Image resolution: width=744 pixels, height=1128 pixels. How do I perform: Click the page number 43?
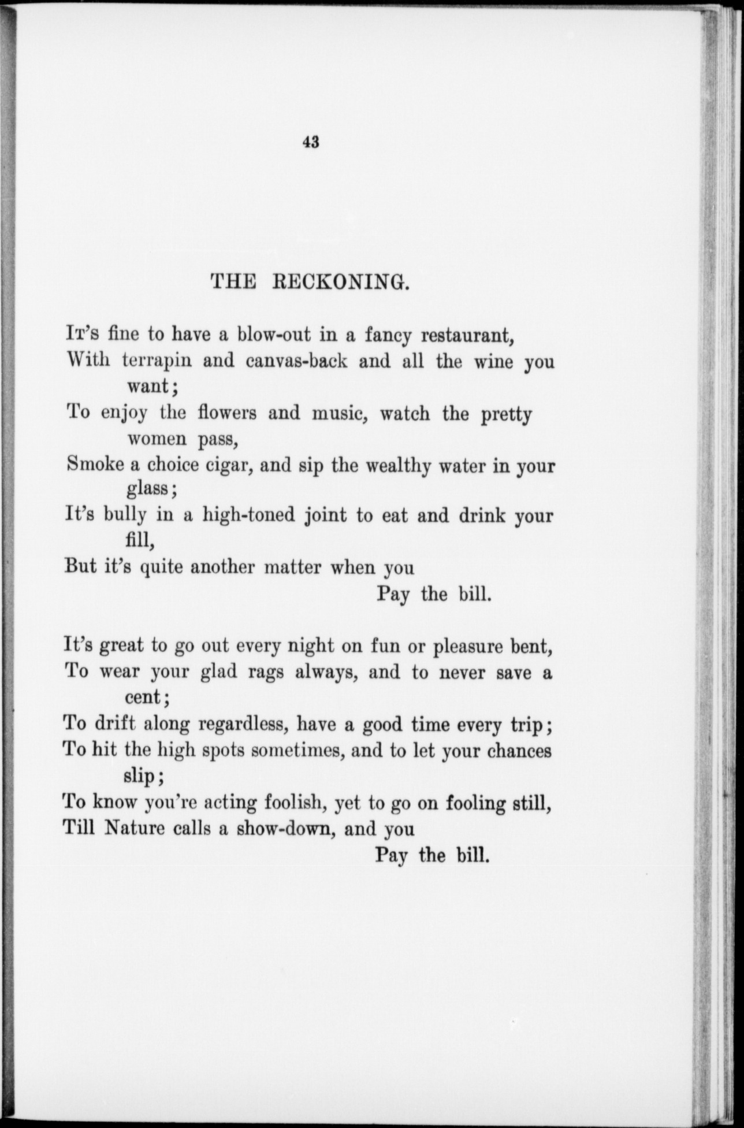click(x=310, y=142)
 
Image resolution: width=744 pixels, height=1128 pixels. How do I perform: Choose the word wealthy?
click(x=379, y=465)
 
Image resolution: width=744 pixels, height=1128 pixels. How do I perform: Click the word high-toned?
click(x=249, y=515)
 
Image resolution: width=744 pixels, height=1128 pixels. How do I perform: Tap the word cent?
click(x=146, y=697)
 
